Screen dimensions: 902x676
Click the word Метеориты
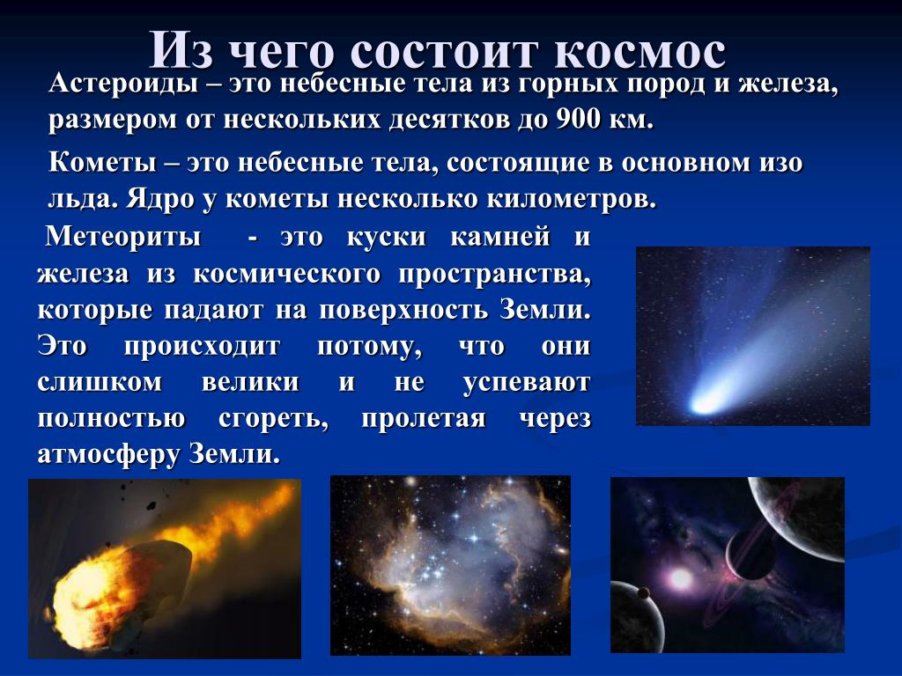pos(123,236)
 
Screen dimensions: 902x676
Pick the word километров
pos(572,200)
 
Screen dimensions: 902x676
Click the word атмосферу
pos(108,455)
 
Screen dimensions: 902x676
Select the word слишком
pos(100,382)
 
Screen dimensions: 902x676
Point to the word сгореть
pos(273,419)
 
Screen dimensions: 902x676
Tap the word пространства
pos(494,275)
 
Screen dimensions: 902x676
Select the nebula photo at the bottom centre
pos(450,566)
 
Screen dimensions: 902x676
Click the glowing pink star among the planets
pos(680,578)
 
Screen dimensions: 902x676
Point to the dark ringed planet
pos(751,551)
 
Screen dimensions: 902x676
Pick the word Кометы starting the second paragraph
pos(102,163)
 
